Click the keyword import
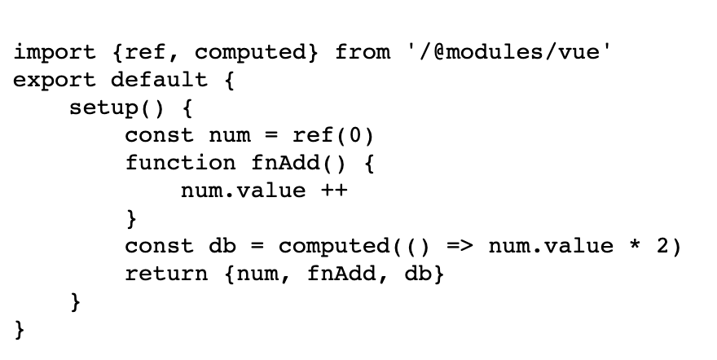(x=55, y=53)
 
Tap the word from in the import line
(x=363, y=53)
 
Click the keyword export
(x=55, y=81)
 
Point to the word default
(x=161, y=81)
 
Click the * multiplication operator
(x=635, y=246)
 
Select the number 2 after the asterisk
(x=662, y=246)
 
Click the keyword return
(x=167, y=274)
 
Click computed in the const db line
(x=328, y=246)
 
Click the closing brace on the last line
(x=20, y=330)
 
